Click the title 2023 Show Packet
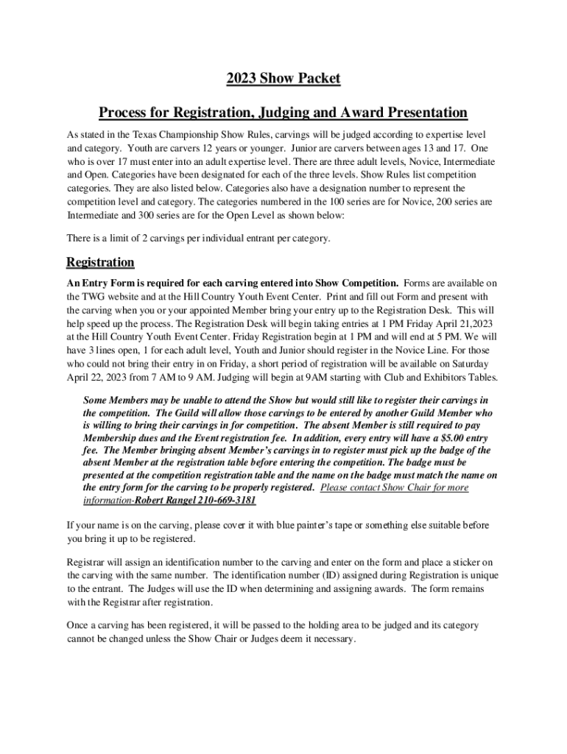283,79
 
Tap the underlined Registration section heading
100,262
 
